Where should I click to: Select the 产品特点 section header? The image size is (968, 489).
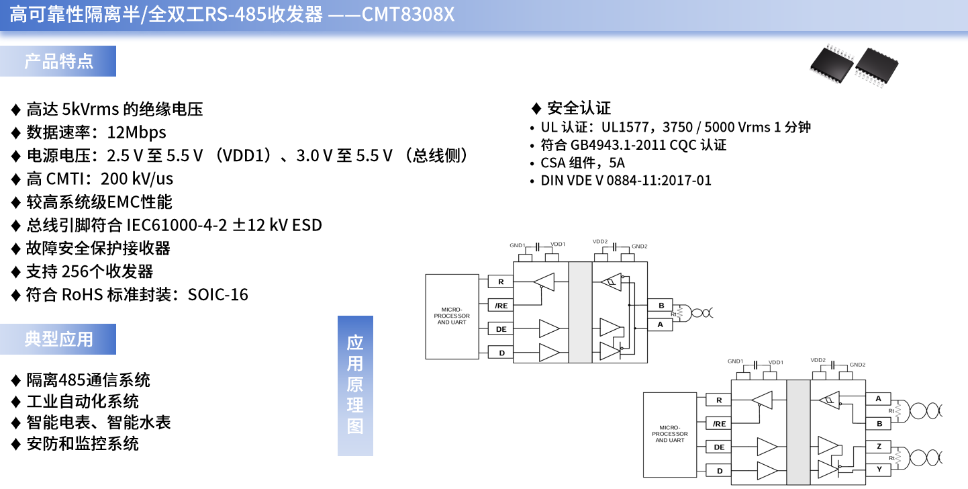pos(58,61)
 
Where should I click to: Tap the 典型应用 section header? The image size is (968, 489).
pos(58,339)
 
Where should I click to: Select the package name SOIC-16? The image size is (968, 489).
pos(218,295)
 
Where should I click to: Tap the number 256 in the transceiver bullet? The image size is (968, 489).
pos(75,271)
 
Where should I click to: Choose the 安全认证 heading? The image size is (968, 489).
pos(579,108)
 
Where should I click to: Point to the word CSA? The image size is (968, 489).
pos(552,163)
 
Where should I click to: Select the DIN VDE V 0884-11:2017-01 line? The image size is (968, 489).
pos(626,181)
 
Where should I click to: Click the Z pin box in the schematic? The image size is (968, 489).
pos(879,446)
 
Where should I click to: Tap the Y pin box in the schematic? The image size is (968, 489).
pos(879,469)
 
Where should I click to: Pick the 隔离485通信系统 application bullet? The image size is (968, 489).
pos(88,380)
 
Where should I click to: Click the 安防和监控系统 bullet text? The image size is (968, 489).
pos(83,443)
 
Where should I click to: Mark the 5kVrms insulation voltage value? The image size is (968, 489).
pos(90,109)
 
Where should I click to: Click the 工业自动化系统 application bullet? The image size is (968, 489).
pos(83,401)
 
